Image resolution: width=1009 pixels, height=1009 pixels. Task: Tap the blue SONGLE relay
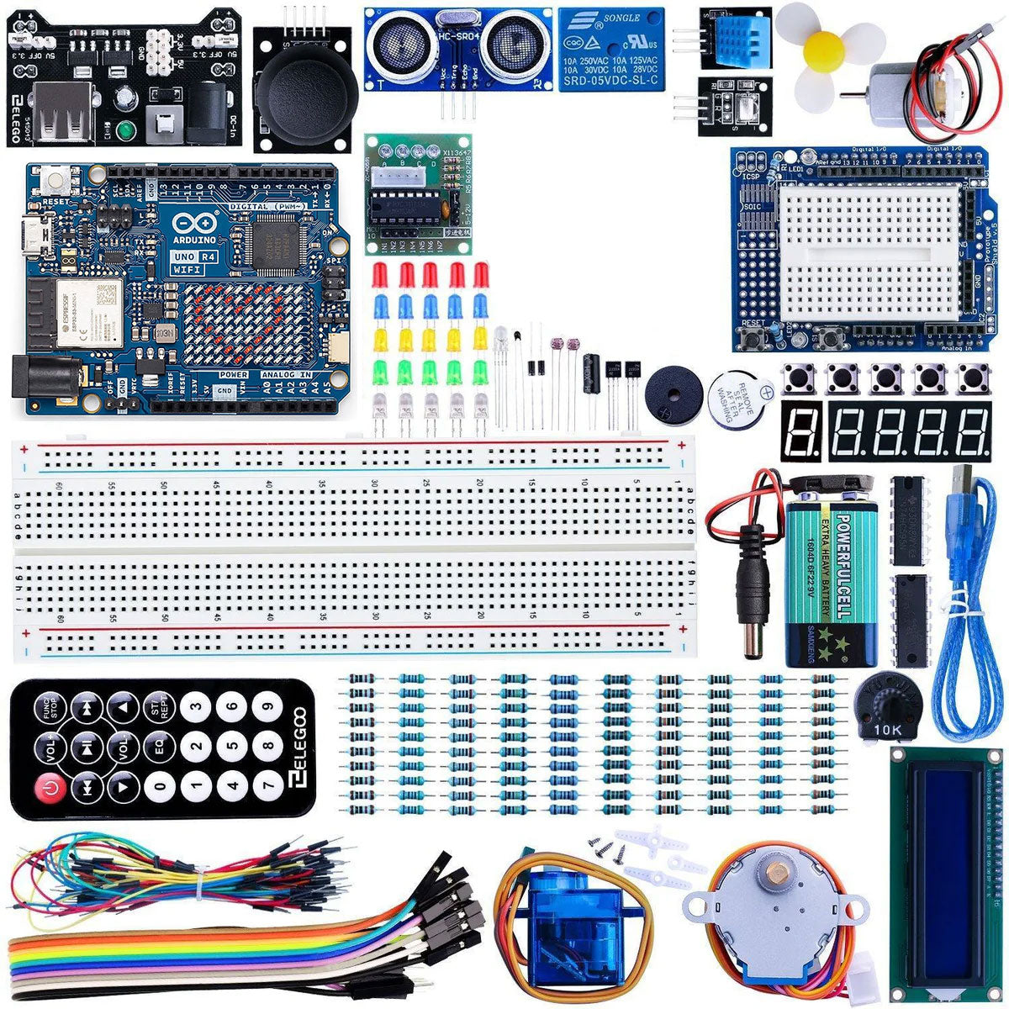tap(610, 49)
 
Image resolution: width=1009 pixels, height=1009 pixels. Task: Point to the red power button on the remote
tap(50, 788)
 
